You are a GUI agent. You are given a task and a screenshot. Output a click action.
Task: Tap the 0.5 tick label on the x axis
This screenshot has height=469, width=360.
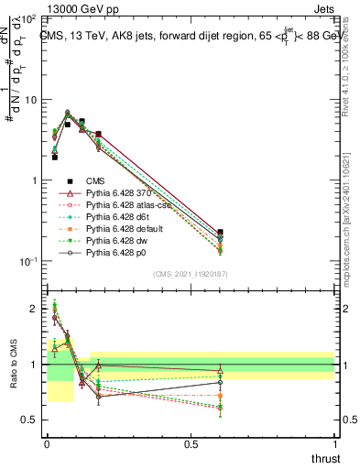point(191,443)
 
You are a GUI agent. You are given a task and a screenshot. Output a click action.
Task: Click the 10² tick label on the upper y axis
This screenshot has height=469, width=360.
point(29,18)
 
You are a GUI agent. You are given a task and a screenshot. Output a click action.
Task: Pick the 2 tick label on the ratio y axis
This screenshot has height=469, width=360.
point(35,309)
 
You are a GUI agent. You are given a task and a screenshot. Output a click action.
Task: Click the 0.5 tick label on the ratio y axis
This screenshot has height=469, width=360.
point(31,420)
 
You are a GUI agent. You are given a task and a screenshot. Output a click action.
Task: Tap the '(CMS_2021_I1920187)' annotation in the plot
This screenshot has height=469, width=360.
point(190,274)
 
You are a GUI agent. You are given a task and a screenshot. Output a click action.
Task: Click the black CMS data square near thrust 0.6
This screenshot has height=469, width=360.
point(220,234)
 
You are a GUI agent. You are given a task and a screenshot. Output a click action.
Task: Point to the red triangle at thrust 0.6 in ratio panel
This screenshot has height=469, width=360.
point(220,371)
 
